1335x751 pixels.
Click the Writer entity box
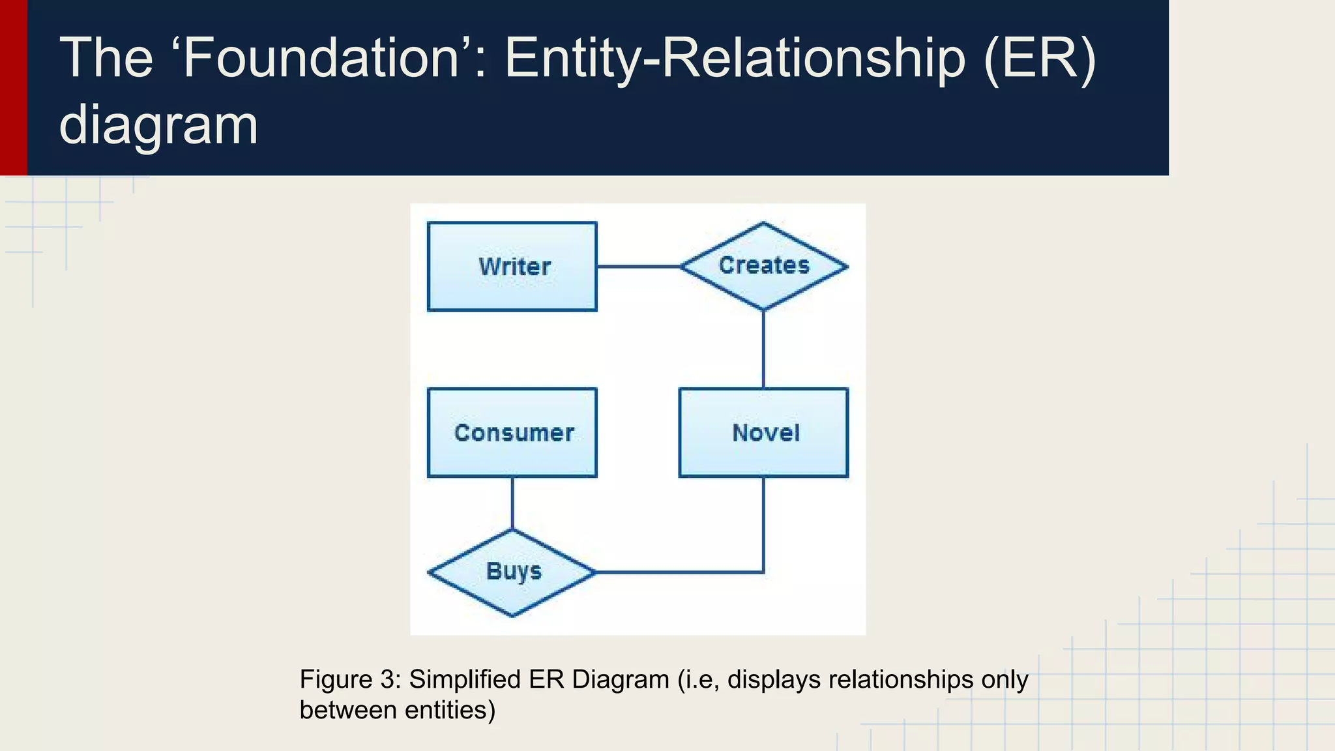coord(512,267)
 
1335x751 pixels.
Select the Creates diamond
coord(763,266)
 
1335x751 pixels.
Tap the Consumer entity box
coord(512,433)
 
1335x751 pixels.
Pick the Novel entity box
coord(763,433)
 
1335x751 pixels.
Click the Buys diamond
coord(512,572)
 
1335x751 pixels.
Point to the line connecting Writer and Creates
coord(638,267)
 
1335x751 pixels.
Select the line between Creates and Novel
coord(763,349)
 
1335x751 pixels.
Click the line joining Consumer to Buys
coord(512,503)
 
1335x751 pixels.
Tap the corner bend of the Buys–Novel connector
coord(763,572)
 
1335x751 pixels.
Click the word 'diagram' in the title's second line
coord(158,125)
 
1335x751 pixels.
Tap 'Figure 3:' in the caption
coord(349,679)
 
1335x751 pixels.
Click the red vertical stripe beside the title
coord(13,87)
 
